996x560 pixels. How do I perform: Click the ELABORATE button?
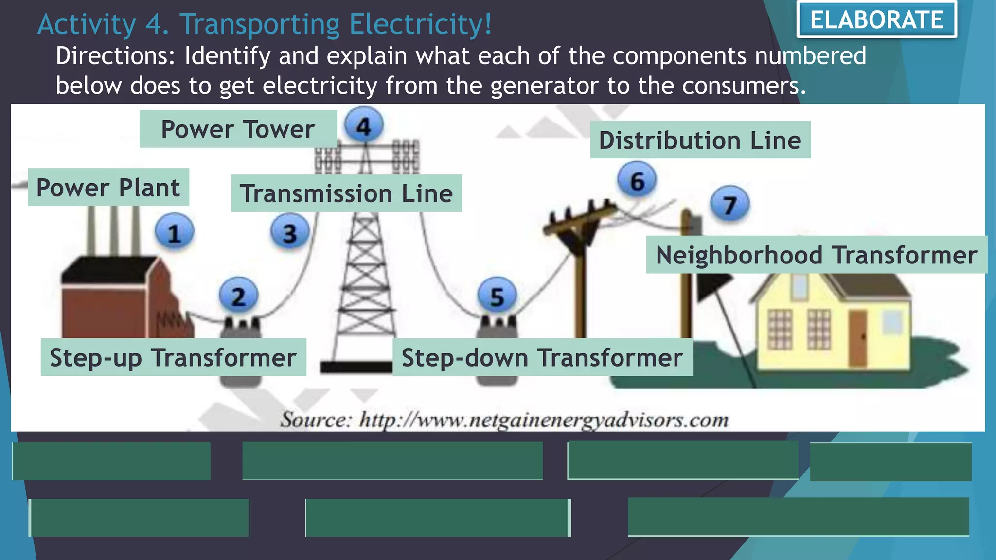tap(876, 20)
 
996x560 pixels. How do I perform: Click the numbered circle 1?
tap(174, 232)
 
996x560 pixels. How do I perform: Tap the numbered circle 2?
tap(238, 296)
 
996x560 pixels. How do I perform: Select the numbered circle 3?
tap(290, 232)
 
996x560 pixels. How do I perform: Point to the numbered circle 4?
tap(364, 125)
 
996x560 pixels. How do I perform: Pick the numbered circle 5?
tap(497, 296)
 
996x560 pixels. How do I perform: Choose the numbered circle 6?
tap(637, 180)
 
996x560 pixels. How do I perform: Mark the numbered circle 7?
tap(729, 204)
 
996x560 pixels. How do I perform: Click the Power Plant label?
tap(108, 188)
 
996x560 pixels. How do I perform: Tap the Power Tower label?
tap(238, 129)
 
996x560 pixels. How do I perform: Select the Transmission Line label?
tap(346, 193)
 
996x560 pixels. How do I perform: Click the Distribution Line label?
tap(700, 140)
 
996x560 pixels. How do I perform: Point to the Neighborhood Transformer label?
tap(816, 255)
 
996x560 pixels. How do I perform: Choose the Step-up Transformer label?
tap(173, 357)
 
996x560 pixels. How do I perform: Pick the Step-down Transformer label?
tap(542, 357)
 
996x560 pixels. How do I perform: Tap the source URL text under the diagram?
tap(504, 420)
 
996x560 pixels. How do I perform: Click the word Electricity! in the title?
tap(420, 24)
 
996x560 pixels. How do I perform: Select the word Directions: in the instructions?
tap(115, 56)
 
